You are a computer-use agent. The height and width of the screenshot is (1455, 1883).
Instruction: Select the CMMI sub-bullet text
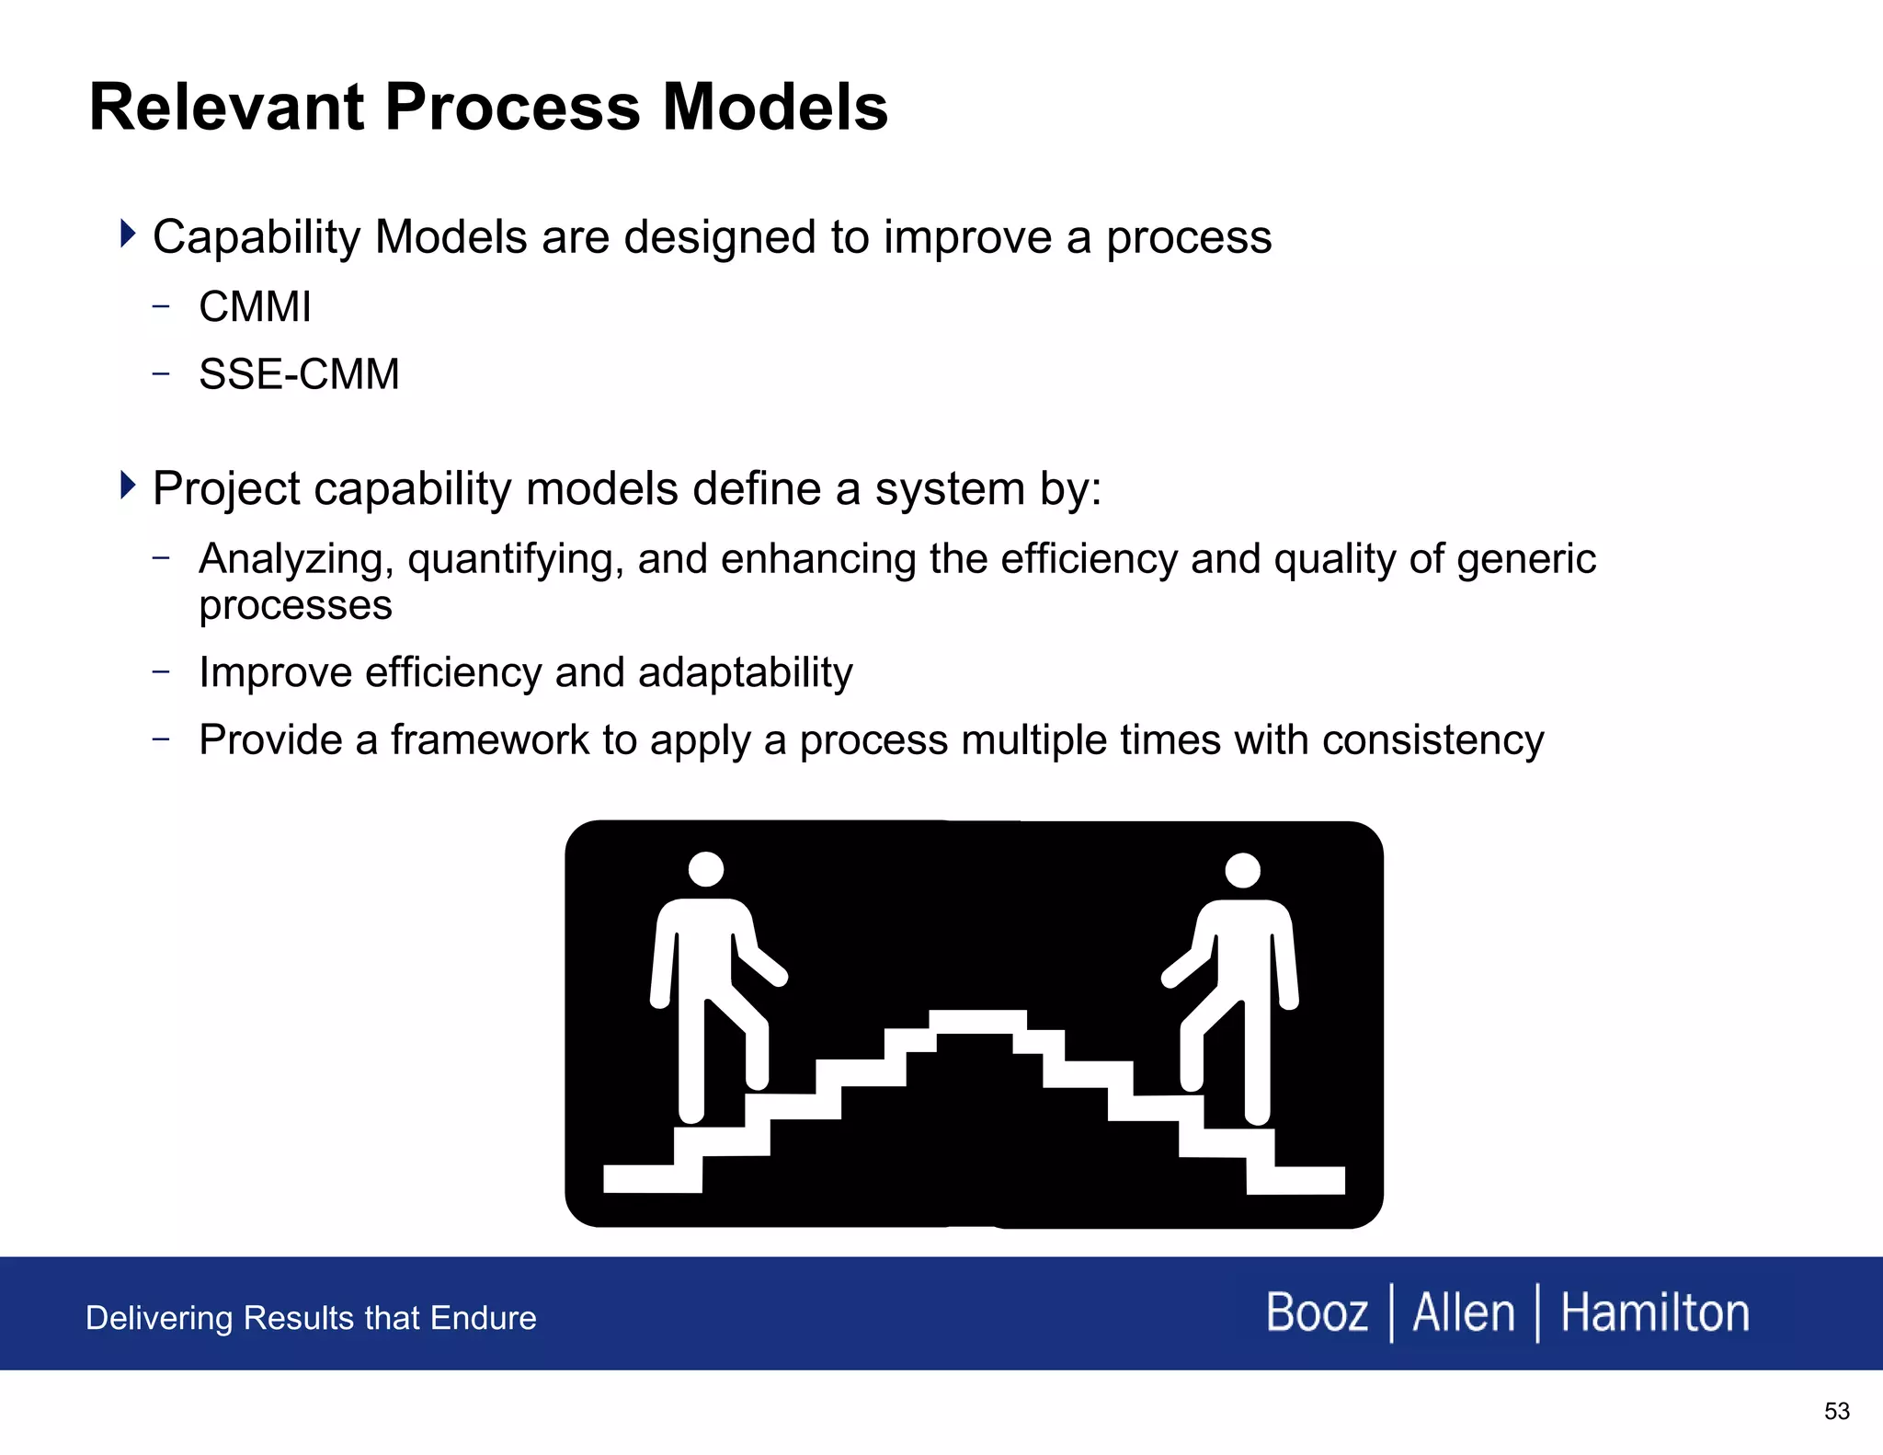(x=255, y=307)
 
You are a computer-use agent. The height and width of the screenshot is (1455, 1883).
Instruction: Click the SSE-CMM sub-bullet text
(x=299, y=375)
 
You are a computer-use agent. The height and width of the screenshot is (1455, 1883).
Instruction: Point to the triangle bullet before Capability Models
(x=128, y=234)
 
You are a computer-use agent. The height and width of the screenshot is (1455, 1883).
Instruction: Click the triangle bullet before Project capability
(x=128, y=485)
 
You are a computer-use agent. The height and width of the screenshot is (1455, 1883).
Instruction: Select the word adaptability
(x=745, y=672)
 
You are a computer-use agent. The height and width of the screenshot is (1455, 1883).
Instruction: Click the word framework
(x=489, y=739)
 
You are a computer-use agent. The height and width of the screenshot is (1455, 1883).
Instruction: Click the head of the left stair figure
(x=706, y=869)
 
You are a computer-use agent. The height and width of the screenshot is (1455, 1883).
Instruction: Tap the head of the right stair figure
(x=1242, y=870)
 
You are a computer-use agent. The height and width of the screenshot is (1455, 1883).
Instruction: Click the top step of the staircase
(x=977, y=1021)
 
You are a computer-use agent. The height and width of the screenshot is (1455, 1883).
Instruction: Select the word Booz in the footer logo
(x=1316, y=1312)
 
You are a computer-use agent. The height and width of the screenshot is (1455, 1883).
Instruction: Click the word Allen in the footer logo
(x=1463, y=1312)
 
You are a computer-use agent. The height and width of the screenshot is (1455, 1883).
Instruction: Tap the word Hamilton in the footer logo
(x=1655, y=1312)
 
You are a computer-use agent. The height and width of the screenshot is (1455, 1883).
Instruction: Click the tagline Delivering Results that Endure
(x=311, y=1318)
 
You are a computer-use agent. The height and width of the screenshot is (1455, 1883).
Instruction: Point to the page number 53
(x=1836, y=1411)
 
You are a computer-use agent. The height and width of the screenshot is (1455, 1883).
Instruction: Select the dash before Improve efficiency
(x=162, y=671)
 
